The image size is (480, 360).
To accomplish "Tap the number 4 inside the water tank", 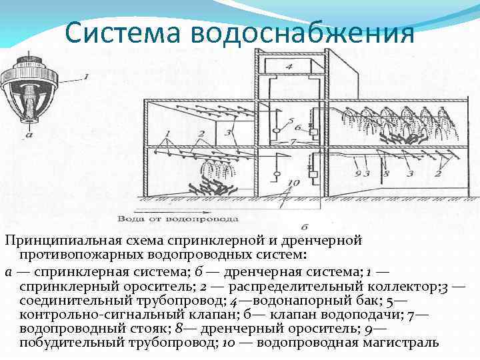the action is click(288, 67).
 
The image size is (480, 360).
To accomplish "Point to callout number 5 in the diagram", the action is click(291, 121).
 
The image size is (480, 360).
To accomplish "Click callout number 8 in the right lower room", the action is click(385, 173).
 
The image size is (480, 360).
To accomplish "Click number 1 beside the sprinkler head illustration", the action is click(85, 77).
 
